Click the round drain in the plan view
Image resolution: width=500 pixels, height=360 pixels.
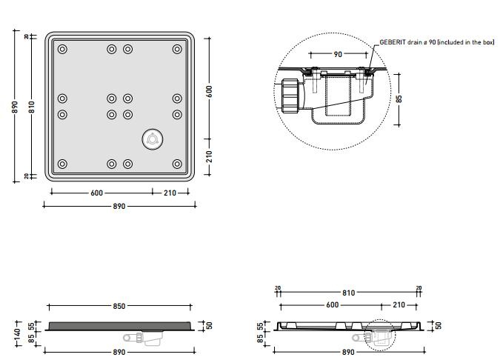(x=153, y=139)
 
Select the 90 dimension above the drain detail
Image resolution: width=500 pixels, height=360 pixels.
(x=338, y=54)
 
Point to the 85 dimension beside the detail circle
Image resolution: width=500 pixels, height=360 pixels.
(x=399, y=99)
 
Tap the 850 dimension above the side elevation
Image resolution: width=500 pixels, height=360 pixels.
(x=119, y=306)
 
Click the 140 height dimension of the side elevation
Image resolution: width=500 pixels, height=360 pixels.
(x=18, y=334)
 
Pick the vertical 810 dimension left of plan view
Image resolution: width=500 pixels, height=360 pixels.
(x=32, y=107)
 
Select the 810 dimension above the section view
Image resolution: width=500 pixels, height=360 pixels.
(x=348, y=293)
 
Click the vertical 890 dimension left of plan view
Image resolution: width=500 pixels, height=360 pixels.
(x=16, y=107)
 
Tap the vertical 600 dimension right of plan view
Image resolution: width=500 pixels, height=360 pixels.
(x=209, y=92)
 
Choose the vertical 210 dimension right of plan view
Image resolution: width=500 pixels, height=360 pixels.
(x=209, y=156)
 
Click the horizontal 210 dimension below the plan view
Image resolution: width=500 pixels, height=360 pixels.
(x=170, y=193)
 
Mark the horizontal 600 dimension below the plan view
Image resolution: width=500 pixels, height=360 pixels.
(x=96, y=193)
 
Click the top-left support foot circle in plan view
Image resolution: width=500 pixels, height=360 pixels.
(x=62, y=49)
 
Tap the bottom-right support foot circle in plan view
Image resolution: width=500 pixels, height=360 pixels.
(x=177, y=164)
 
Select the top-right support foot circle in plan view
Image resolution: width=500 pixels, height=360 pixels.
(x=177, y=49)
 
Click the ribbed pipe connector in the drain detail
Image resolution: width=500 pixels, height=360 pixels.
(x=290, y=96)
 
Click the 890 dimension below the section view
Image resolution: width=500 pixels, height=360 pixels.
(x=348, y=352)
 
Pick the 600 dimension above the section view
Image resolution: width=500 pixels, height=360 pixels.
(x=333, y=305)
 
